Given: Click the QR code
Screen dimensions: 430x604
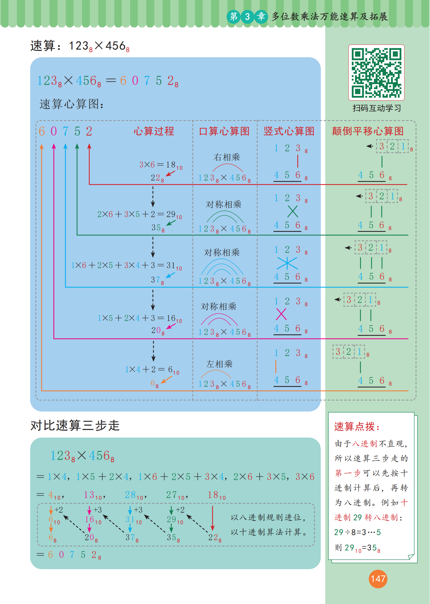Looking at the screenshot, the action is pos(376,73).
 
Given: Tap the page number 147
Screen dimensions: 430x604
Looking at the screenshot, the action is pos(378,579).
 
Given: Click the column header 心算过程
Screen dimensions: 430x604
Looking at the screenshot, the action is pos(154,131).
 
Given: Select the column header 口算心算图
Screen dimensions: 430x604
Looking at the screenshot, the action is pos(224,131).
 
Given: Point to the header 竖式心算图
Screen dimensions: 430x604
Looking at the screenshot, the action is pos(289,131).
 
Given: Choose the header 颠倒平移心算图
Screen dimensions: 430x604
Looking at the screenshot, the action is pos(368,131).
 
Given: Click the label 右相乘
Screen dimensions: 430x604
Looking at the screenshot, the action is pos(227,157).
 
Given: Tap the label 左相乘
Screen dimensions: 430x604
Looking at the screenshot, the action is pos(219,364).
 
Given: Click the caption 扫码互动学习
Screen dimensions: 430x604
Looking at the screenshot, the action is pos(377,108).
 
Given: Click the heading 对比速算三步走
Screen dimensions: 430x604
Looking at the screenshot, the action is pos(75,425).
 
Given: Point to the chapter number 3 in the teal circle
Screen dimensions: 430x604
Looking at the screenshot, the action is pos(247,17).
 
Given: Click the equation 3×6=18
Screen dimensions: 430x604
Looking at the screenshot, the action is pos(161,165).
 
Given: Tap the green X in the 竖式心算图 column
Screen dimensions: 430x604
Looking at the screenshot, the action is pos(292,211).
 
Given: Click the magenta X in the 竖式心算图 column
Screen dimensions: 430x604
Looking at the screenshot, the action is pos(281,314).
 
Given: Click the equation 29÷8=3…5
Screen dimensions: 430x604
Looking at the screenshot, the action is pos(357,532).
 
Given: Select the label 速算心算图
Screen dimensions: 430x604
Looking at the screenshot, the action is pos(72,104).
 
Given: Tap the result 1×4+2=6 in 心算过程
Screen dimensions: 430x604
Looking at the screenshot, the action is pos(152,370).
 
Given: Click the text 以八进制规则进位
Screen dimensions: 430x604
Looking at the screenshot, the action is pos(268,517).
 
